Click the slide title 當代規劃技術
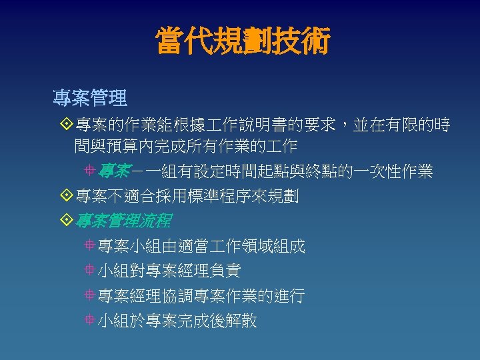click(x=242, y=41)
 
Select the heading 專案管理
click(x=90, y=99)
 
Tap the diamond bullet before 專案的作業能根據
click(x=65, y=125)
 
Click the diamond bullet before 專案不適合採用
click(x=65, y=196)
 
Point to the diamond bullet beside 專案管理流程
click(x=65, y=221)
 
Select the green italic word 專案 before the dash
click(x=113, y=171)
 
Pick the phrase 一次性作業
click(x=395, y=171)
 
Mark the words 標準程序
click(x=215, y=196)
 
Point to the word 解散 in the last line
click(x=241, y=321)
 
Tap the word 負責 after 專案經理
click(x=225, y=271)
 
